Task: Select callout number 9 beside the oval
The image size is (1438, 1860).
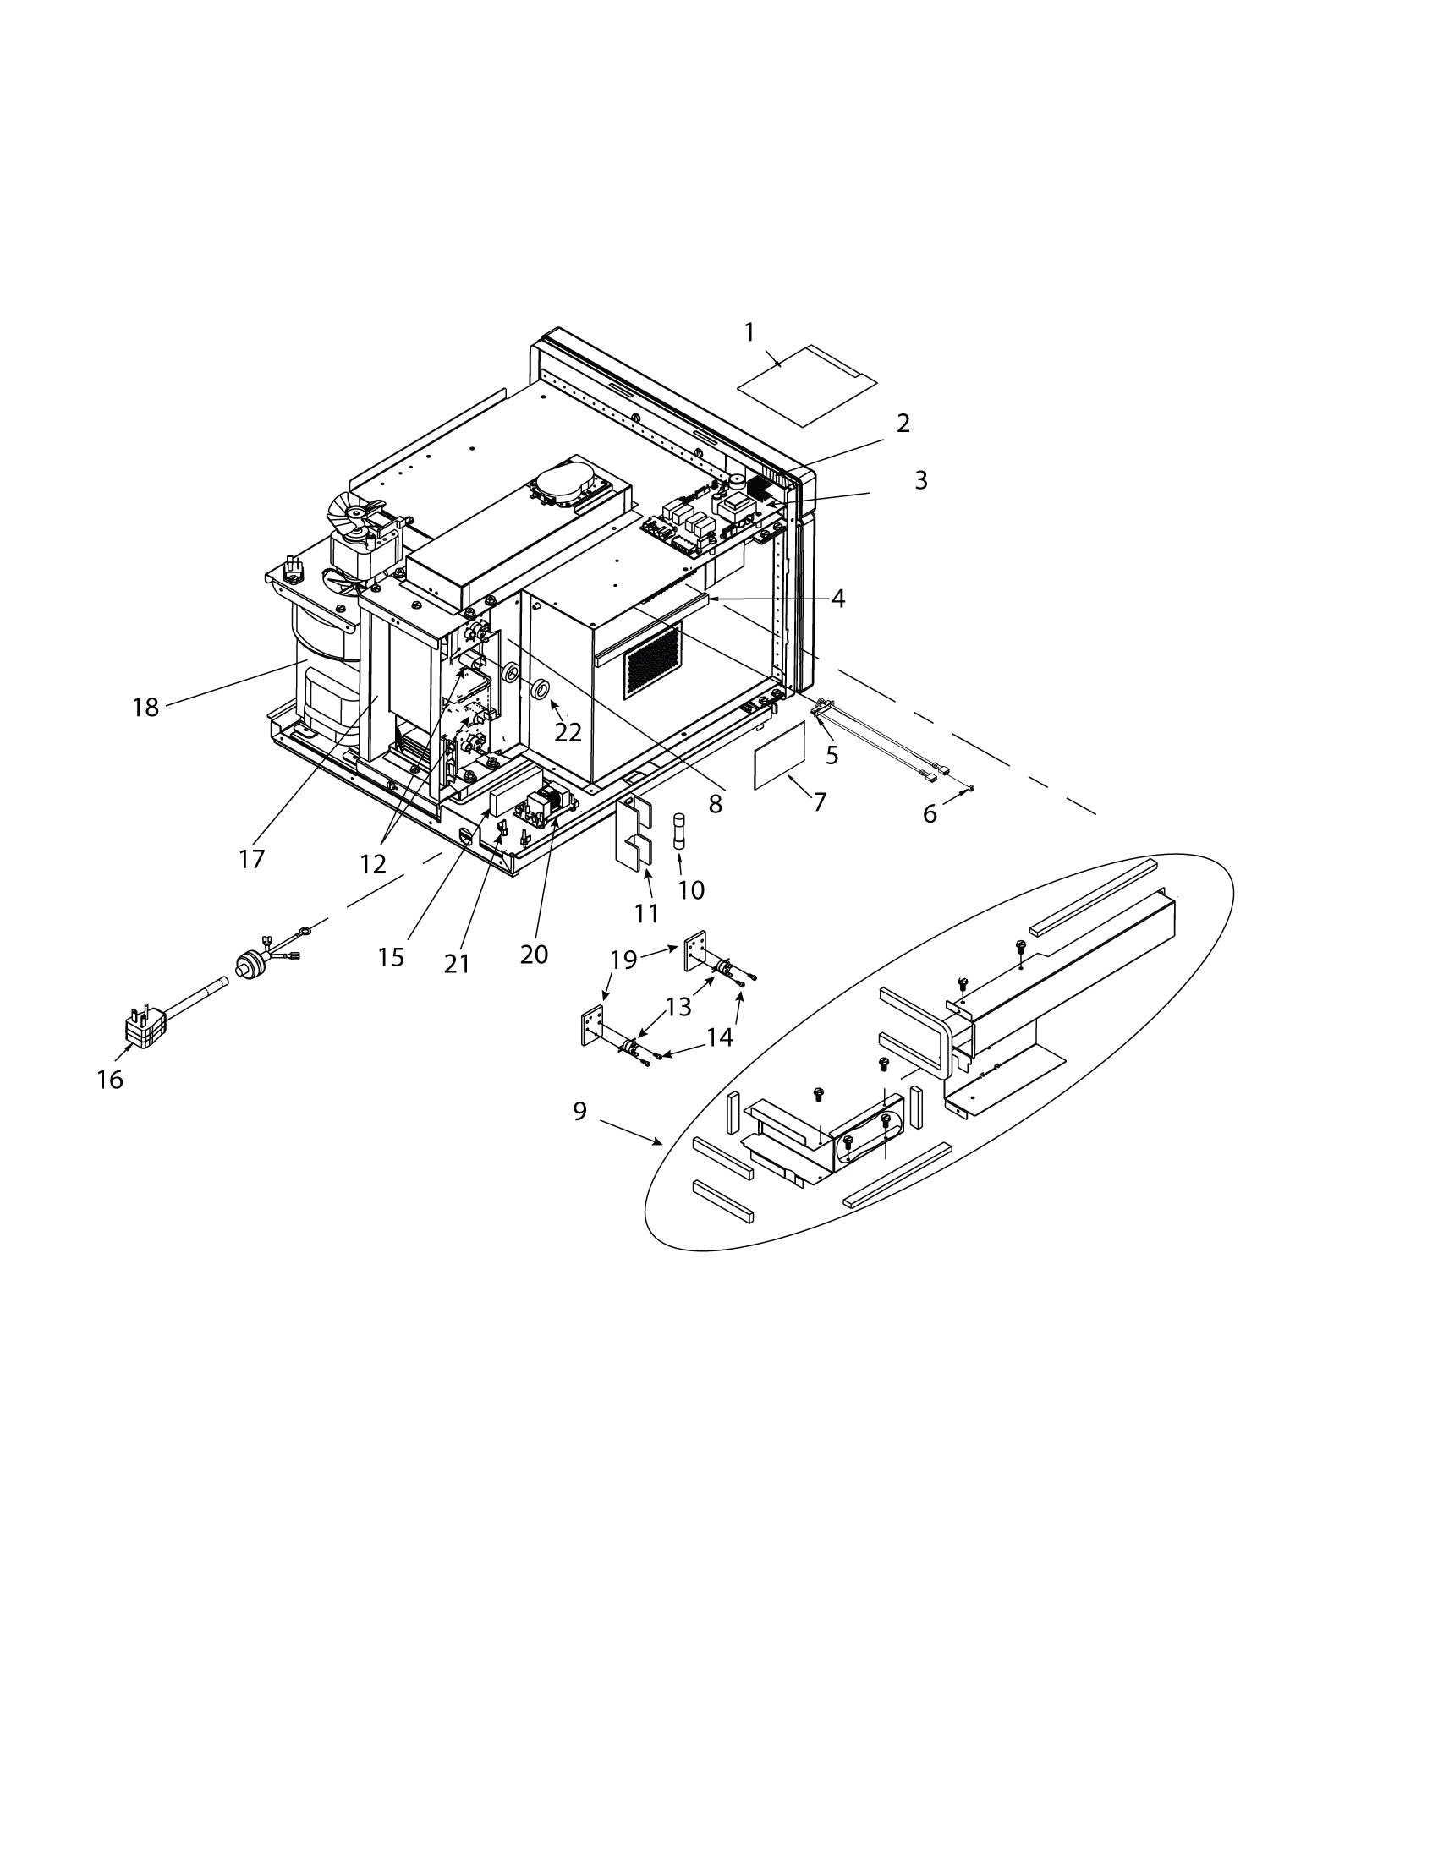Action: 579,1112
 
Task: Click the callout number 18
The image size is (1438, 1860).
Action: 145,707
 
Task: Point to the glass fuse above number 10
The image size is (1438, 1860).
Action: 679,829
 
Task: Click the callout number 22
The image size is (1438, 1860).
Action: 568,731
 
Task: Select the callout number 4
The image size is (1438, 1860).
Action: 838,599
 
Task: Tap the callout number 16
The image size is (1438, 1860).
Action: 110,1080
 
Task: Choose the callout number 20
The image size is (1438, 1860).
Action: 534,955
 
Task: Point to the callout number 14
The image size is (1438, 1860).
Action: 720,1037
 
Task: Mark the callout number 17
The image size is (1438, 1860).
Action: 251,859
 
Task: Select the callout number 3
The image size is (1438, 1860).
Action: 921,480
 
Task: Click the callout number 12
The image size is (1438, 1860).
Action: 373,863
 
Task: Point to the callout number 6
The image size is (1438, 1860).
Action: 930,814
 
